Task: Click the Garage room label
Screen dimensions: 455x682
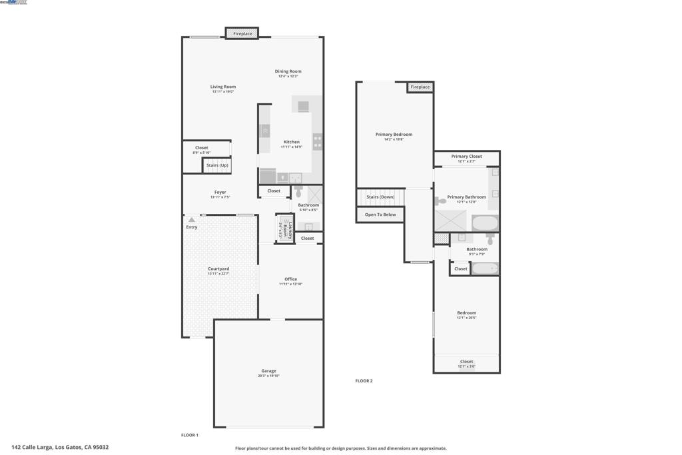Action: [268, 371]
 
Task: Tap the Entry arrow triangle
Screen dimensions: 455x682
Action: [192, 219]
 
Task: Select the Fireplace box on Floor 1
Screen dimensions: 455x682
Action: [242, 33]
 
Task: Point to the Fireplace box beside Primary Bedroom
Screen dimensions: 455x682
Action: [420, 87]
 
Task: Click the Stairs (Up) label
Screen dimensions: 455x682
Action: [217, 165]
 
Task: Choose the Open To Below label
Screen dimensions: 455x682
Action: [380, 215]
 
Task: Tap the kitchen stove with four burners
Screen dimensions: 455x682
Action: [318, 141]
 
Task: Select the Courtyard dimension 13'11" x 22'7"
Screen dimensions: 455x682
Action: [218, 274]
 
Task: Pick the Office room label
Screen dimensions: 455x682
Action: [290, 279]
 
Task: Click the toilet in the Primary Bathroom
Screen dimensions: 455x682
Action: [442, 201]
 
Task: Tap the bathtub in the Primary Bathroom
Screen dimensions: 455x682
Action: [485, 223]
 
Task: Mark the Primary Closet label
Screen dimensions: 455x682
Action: [466, 157]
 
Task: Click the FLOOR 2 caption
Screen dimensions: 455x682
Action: [364, 381]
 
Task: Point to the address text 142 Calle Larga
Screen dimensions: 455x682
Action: [60, 448]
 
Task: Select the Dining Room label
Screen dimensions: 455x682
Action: [288, 71]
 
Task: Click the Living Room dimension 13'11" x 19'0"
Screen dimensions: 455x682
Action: [223, 91]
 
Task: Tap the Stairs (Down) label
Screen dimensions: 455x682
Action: [380, 197]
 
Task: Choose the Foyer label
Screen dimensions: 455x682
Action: [220, 193]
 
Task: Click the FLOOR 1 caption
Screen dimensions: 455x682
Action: [190, 435]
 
